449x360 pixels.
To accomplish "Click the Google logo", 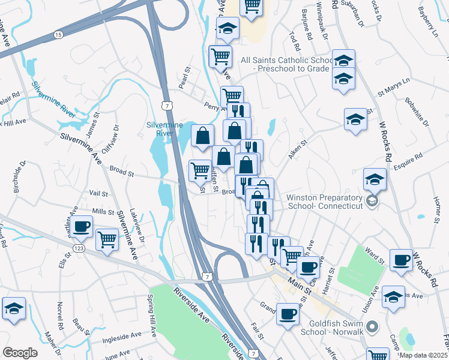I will pyautogui.click(x=20, y=353).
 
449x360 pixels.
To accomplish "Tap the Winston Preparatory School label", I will pyautogui.click(x=325, y=202).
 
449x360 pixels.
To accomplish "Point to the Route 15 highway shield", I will pyautogui.click(x=58, y=35).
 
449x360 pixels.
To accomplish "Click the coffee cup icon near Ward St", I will pyautogui.click(x=401, y=260).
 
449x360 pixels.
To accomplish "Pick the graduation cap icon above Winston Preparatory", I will pyautogui.click(x=375, y=179).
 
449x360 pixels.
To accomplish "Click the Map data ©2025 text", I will pyautogui.click(x=423, y=355).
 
